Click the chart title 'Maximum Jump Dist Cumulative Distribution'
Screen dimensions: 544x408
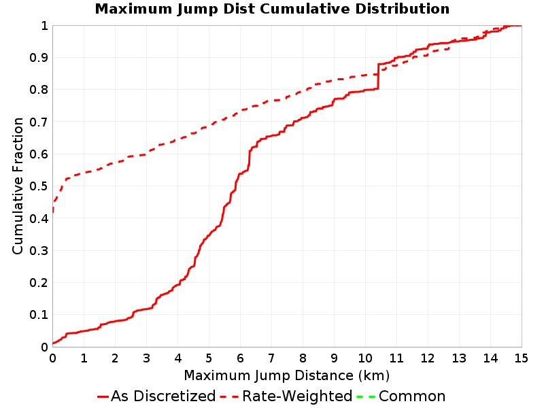pos(272,9)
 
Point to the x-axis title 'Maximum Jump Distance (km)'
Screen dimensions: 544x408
pos(286,376)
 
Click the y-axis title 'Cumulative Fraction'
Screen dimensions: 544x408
pos(18,186)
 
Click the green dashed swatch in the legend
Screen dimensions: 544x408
pos(366,396)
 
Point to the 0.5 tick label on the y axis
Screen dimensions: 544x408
pos(39,186)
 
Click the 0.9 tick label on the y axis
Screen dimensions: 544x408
pos(39,58)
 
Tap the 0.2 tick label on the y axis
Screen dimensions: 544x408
pos(39,283)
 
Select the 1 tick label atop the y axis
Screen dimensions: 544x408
pos(44,26)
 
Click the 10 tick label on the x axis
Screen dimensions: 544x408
pos(365,358)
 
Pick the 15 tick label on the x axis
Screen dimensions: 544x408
pos(521,358)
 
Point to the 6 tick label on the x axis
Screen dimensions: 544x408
pos(240,358)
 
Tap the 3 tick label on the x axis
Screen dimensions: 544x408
pos(146,358)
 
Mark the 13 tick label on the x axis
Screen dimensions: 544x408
pos(458,358)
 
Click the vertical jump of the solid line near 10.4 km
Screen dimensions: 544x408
pos(378,76)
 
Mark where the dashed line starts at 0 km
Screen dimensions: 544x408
pos(53,211)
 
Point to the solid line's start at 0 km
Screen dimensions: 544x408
pos(53,343)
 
